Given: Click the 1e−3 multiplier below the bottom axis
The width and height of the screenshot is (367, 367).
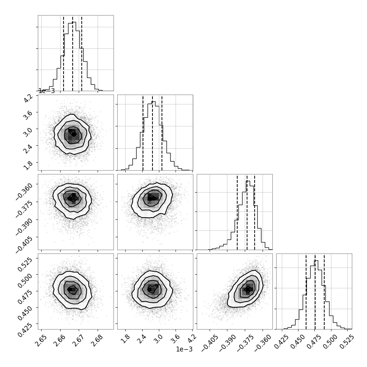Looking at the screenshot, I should click(184, 350).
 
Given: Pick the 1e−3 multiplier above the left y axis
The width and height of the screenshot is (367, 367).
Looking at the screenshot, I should click(47, 91).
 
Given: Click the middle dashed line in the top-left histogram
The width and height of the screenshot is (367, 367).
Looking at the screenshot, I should click(73, 53).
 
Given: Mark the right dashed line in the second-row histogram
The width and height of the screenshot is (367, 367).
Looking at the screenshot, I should click(162, 132).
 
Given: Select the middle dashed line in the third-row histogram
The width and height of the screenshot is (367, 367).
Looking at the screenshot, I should click(247, 212).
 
